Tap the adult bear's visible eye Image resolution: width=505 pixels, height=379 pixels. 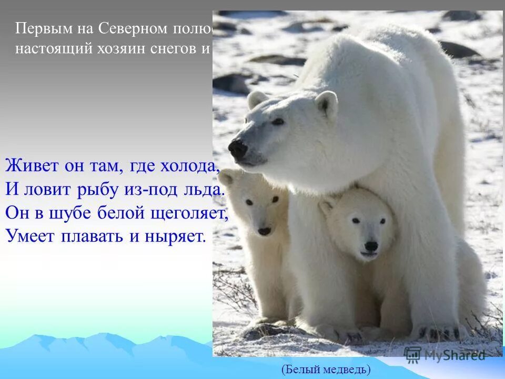pyautogui.click(x=277, y=122)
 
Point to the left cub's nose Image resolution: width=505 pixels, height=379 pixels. pyautogui.click(x=264, y=231)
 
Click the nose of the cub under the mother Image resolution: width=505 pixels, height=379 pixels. pyautogui.click(x=371, y=246)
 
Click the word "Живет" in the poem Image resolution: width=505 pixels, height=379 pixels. pyautogui.click(x=28, y=167)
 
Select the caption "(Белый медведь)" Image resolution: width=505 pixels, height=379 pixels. pyautogui.click(x=326, y=370)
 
